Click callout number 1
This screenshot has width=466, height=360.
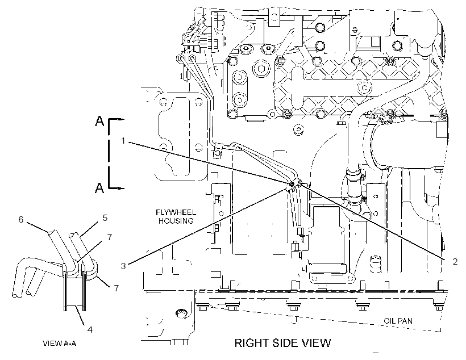[x=123, y=140]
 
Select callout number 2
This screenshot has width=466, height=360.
[x=455, y=261]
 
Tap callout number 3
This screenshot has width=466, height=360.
[x=123, y=266]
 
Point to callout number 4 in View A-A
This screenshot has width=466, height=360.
[x=90, y=329]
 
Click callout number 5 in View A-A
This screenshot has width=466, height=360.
[x=105, y=217]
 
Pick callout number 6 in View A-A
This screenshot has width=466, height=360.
[x=21, y=220]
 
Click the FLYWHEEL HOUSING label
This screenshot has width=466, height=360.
[x=176, y=216]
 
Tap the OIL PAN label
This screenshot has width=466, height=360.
[x=398, y=321]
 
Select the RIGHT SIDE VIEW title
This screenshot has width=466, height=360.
[x=282, y=343]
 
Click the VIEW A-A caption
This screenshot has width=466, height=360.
[x=60, y=344]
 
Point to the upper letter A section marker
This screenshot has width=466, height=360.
[x=99, y=121]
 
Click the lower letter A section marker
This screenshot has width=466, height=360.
[x=99, y=188]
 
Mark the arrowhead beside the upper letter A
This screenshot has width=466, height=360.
[x=121, y=119]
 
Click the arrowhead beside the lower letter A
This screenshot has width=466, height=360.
[x=121, y=189]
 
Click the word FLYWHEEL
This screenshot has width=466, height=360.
[x=176, y=212]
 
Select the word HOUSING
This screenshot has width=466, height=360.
[x=176, y=221]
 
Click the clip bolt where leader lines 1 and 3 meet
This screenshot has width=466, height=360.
[x=291, y=185]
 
